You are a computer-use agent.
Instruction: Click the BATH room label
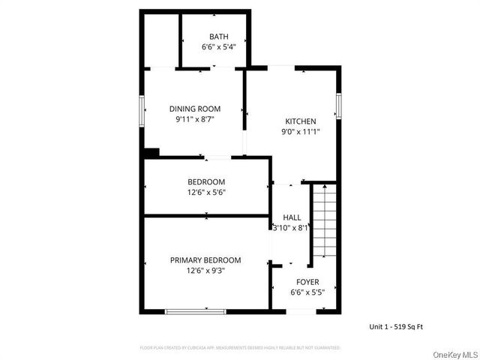(x=219, y=36)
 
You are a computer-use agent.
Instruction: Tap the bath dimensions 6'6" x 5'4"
(x=219, y=46)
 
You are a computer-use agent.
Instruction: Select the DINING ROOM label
(x=194, y=109)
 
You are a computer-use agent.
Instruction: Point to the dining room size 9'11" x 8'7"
(x=194, y=119)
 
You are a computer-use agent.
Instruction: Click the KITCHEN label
(x=300, y=121)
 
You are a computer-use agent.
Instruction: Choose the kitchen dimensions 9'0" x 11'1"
(x=300, y=132)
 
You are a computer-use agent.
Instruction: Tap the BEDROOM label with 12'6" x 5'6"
(x=206, y=181)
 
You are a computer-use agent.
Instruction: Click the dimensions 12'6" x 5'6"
(x=206, y=192)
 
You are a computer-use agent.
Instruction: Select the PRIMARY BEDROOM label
(x=205, y=260)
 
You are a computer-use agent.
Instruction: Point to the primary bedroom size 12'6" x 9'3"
(x=205, y=271)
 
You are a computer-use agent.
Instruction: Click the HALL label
(x=292, y=217)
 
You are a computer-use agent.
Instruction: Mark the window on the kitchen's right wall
(x=339, y=105)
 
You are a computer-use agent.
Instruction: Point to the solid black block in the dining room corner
(x=151, y=152)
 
